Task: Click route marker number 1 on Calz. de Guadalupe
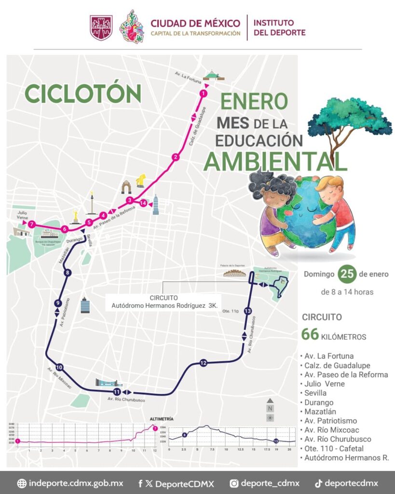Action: (204, 93)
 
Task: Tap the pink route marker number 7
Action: (31, 224)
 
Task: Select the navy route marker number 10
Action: (59, 366)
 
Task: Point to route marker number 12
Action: (203, 363)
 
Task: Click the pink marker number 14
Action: (143, 203)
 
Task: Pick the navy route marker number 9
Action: (58, 303)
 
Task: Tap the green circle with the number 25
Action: (347, 274)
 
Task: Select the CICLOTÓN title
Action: (82, 94)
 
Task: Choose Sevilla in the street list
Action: (315, 393)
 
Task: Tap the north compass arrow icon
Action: (270, 400)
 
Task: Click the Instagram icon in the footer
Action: (234, 483)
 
